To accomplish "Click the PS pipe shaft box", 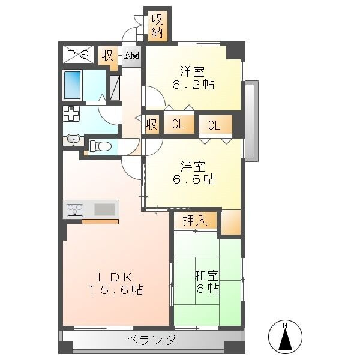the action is (78, 55).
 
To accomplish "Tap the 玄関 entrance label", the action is (131, 56).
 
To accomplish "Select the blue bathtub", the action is (73, 85).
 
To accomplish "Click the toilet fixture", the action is (100, 146).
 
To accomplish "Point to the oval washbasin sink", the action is (73, 139).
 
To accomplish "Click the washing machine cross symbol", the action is (71, 113).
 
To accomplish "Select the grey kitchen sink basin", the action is (104, 209).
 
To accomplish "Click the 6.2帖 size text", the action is (193, 85).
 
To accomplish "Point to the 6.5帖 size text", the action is (194, 179).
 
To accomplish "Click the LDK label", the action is (115, 277).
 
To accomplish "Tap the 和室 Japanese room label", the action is (206, 276).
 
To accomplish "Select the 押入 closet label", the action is (195, 220).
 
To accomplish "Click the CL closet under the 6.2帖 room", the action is (178, 124).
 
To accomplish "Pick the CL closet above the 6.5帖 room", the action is (214, 125).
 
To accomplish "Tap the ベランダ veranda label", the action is (152, 340).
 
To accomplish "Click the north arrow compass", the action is (285, 337).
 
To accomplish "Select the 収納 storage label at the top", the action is (157, 26).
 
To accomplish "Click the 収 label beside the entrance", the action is (107, 55).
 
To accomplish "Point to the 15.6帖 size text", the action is (116, 290).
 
